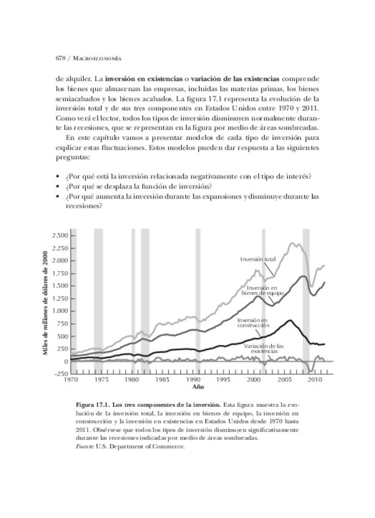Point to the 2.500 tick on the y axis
59,236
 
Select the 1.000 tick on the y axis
59,311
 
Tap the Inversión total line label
258,260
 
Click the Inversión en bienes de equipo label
262,290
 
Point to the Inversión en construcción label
252,323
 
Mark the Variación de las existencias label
261,349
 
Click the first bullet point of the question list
58,177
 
